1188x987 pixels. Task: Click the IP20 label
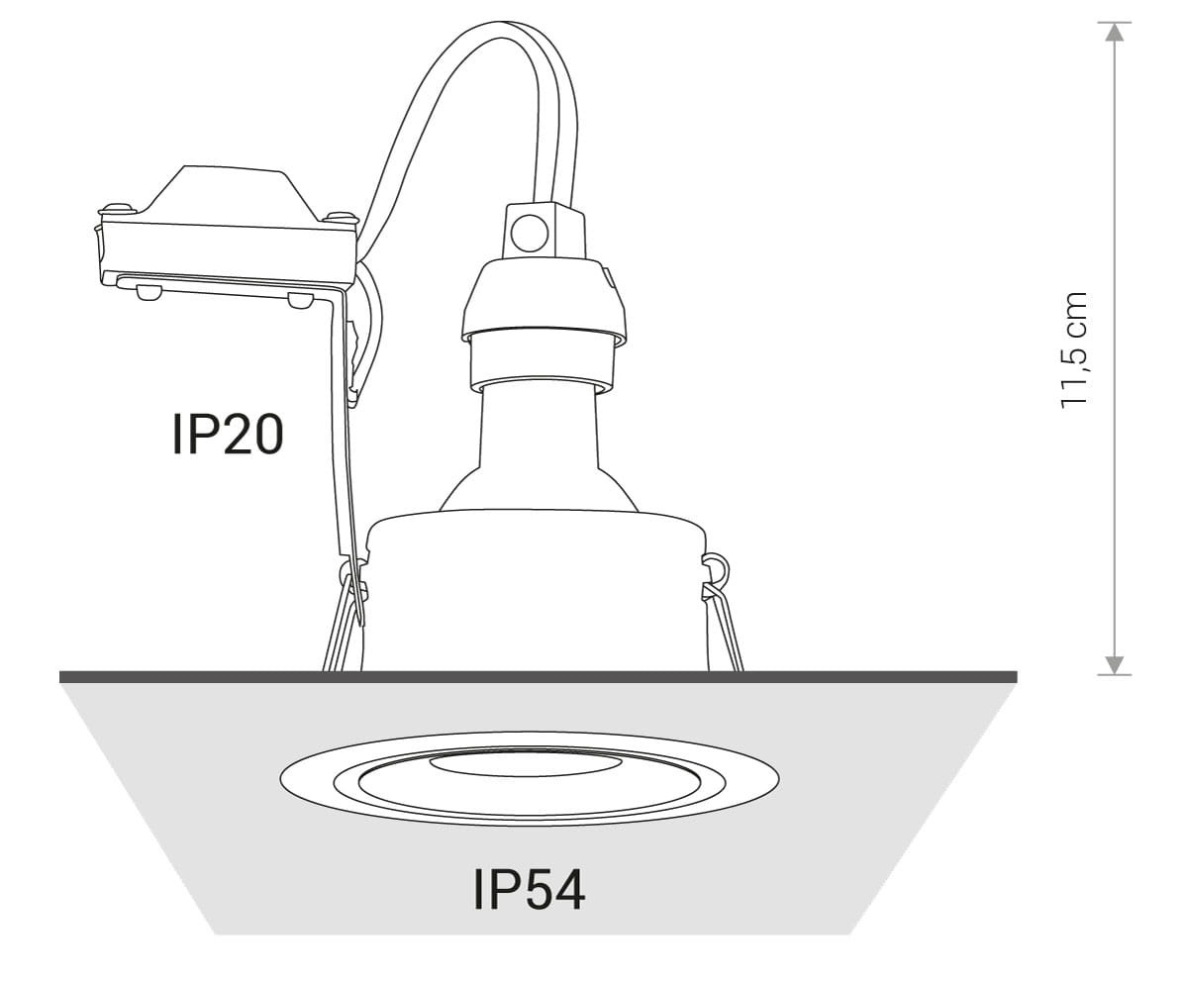(228, 434)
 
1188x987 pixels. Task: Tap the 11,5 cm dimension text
(1074, 349)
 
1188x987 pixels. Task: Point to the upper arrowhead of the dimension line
(1114, 32)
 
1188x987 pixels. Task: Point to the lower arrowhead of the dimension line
(1114, 665)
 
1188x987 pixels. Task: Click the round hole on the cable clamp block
(529, 233)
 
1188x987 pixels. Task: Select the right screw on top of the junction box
(340, 216)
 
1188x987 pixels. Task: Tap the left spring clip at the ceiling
(346, 620)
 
